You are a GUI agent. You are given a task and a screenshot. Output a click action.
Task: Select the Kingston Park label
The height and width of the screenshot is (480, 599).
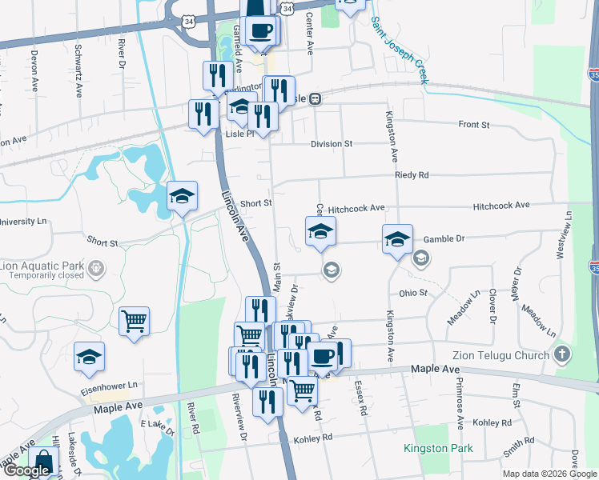tap(438, 449)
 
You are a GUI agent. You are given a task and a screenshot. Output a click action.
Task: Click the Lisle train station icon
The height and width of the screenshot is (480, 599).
tap(316, 98)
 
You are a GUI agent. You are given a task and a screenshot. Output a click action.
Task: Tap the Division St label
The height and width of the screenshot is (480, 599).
tap(332, 144)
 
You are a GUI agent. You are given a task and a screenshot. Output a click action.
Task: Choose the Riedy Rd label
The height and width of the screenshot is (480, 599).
tap(412, 174)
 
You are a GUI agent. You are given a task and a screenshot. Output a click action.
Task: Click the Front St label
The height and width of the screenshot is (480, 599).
tap(473, 125)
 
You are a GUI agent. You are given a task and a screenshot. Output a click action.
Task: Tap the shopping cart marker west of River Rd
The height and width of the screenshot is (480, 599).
tap(135, 322)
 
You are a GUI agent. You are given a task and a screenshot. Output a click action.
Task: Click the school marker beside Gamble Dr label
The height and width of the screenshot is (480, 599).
tap(396, 239)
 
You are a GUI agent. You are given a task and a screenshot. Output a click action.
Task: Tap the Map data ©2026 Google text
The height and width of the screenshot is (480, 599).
tap(549, 474)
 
